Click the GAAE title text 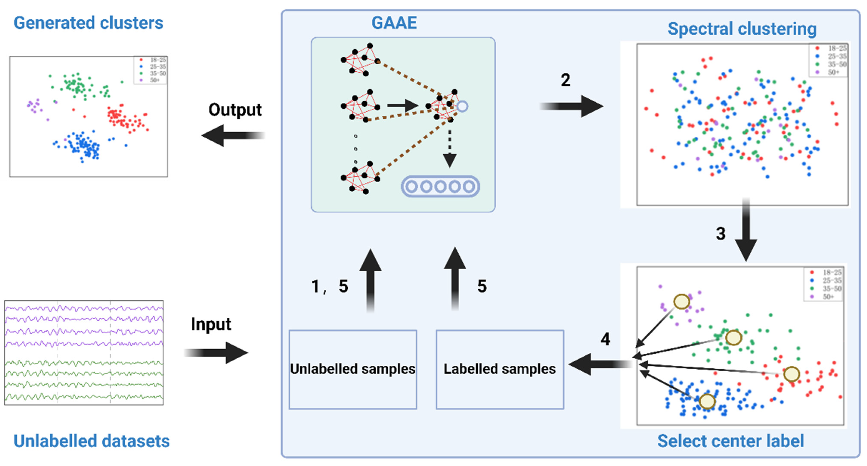coord(394,23)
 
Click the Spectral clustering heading coord(742,29)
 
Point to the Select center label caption coord(730,441)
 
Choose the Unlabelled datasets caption coord(91,441)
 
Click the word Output coord(235,110)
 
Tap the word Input coord(211,325)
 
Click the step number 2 coord(565,80)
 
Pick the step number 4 coord(605,339)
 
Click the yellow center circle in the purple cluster coord(681,302)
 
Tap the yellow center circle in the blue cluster coord(707,401)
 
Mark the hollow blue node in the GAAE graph coord(462,106)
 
